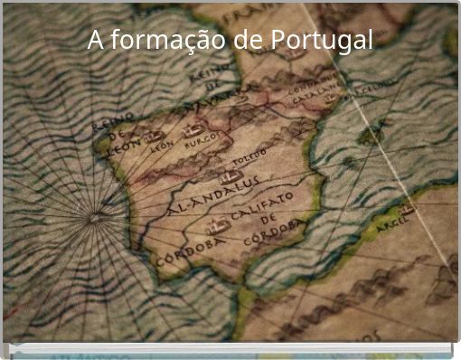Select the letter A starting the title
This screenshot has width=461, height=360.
(95, 41)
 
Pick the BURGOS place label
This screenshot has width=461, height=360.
(196, 142)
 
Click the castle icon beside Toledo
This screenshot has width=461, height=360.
(230, 175)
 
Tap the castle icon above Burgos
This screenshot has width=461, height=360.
(193, 130)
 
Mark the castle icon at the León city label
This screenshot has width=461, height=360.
(154, 137)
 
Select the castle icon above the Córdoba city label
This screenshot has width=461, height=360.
(217, 225)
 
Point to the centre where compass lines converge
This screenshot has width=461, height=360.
(95, 217)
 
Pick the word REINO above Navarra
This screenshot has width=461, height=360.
(205, 72)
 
